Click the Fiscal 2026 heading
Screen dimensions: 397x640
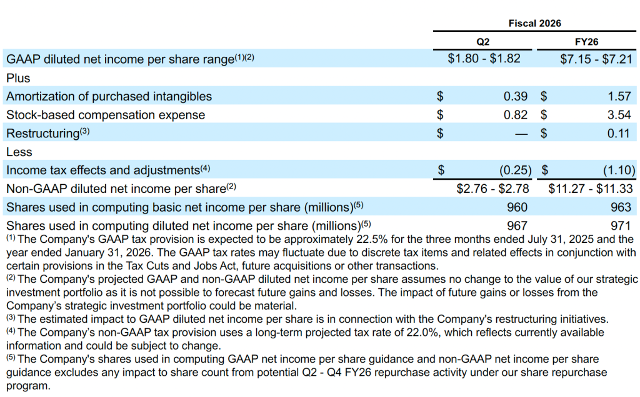pyautogui.click(x=534, y=23)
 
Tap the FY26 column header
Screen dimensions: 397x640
pyautogui.click(x=586, y=42)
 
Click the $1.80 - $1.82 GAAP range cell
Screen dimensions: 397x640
pyautogui.click(x=484, y=59)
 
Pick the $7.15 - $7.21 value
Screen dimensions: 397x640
pyautogui.click(x=596, y=59)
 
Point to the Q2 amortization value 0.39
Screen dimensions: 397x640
pyautogui.click(x=516, y=96)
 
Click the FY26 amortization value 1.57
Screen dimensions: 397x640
pyautogui.click(x=619, y=96)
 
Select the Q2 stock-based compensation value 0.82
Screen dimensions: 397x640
pyautogui.click(x=516, y=115)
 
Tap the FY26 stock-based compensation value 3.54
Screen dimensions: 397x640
pyautogui.click(x=619, y=115)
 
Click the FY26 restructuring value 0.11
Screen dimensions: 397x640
pyautogui.click(x=619, y=133)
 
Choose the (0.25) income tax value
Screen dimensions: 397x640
pyautogui.click(x=515, y=170)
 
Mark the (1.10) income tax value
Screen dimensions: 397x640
pyautogui.click(x=618, y=170)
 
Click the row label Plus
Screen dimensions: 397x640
pyautogui.click(x=18, y=78)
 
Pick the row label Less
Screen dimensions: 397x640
pyautogui.click(x=19, y=152)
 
